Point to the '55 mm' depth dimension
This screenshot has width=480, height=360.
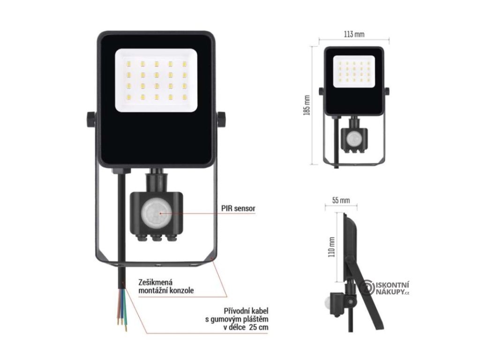(341, 200)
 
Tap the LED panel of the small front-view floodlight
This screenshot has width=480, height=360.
(354, 71)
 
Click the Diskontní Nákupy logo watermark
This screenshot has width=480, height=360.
(388, 287)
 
